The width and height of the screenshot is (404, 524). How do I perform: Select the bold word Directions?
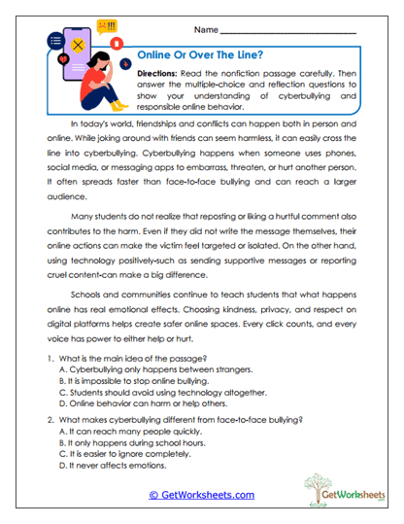point(158,74)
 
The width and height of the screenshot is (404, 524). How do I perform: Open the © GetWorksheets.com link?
point(201,495)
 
